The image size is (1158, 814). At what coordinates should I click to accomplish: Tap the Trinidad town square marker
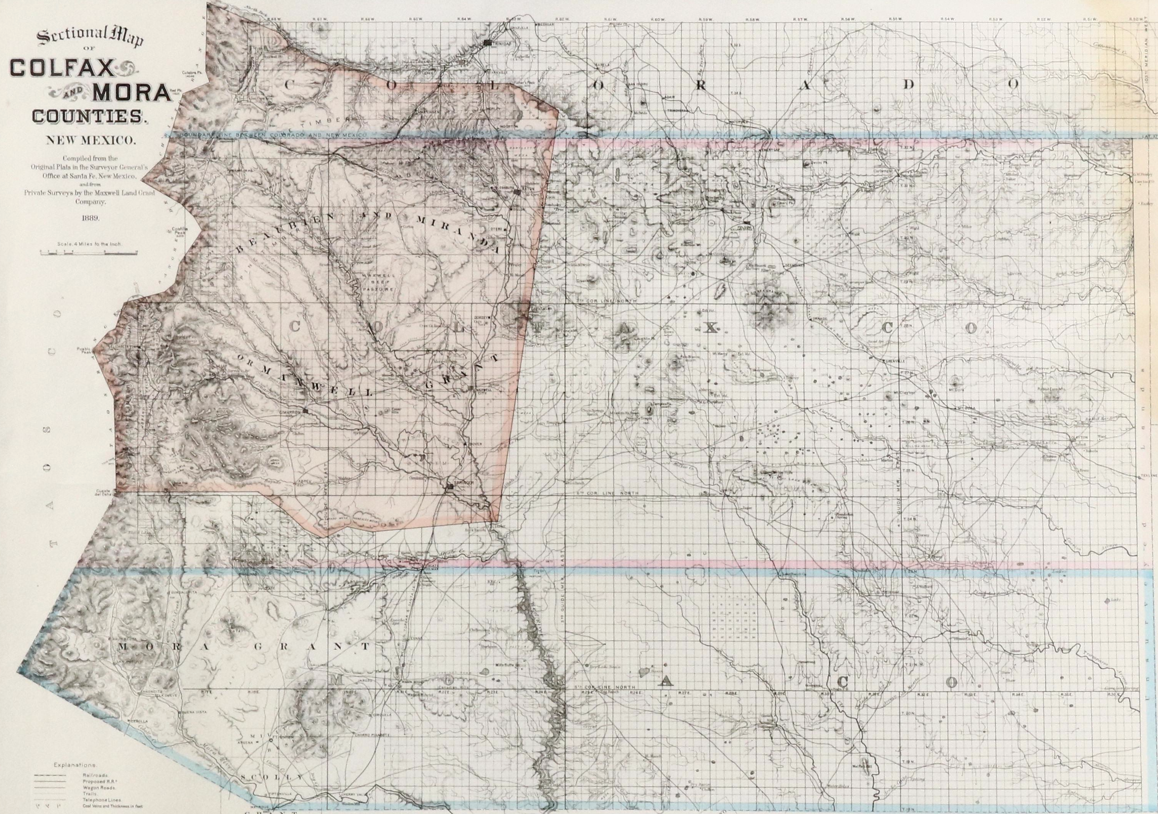click(487, 43)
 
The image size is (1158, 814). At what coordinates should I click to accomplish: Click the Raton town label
click(528, 188)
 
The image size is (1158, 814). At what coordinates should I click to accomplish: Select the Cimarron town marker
click(306, 412)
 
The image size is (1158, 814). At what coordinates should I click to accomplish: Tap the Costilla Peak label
click(180, 231)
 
